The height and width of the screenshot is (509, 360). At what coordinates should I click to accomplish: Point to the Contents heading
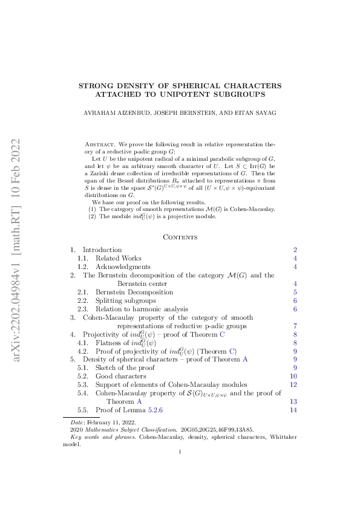coord(180,237)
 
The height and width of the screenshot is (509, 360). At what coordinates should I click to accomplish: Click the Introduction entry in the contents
coord(102,250)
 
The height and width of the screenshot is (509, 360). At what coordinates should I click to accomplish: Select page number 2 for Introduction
coord(295,250)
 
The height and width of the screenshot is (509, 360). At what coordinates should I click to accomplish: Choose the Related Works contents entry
coord(119,258)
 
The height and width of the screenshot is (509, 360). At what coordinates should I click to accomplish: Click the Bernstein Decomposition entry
coord(134,292)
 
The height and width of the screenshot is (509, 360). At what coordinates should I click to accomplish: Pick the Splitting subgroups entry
coord(125,300)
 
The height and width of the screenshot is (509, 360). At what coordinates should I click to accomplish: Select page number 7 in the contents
coord(295,326)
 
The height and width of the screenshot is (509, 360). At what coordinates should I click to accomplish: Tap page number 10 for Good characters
coord(293,376)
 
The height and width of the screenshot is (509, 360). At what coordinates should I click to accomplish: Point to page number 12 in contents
coord(293,384)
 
